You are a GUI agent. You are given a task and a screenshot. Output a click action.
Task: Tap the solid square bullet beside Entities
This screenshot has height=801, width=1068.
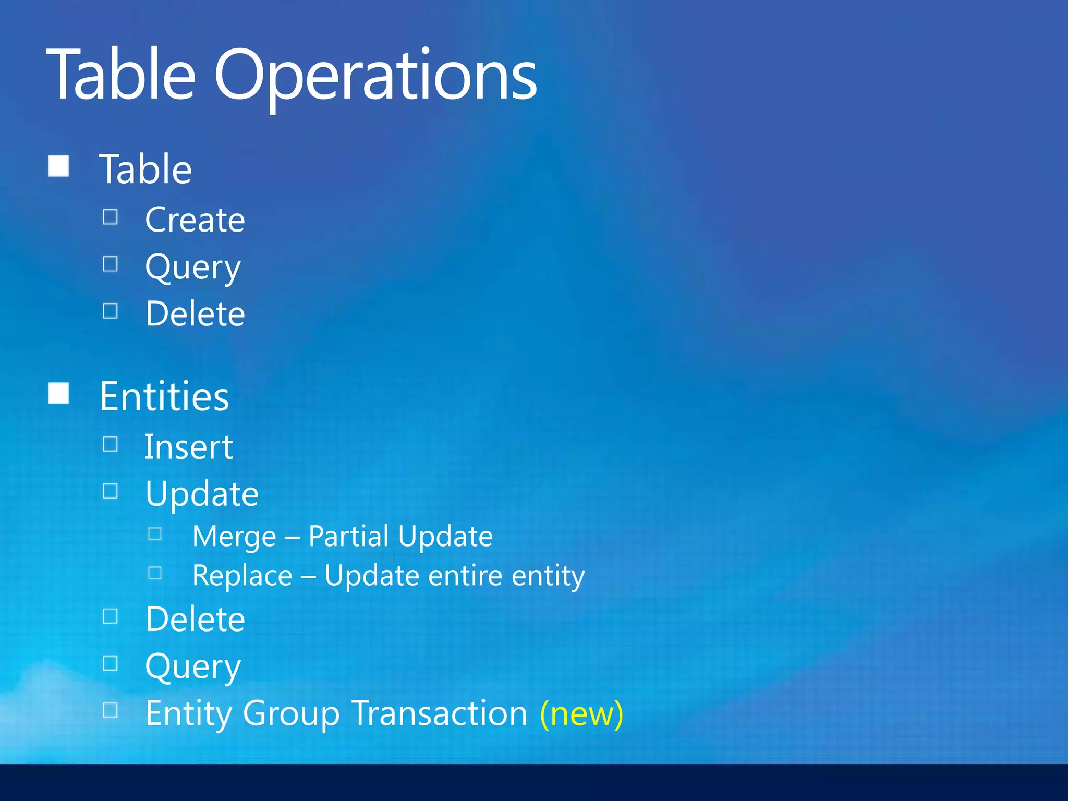click(58, 393)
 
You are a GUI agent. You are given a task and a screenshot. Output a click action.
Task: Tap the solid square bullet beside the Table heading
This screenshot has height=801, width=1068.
click(58, 166)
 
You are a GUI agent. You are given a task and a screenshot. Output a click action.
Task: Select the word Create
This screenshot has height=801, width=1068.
click(195, 220)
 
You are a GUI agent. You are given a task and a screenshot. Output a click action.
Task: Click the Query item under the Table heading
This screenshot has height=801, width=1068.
click(193, 268)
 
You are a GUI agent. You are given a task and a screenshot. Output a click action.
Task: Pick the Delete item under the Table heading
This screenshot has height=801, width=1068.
click(195, 314)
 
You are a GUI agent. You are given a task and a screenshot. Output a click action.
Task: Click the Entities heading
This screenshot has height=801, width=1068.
click(164, 396)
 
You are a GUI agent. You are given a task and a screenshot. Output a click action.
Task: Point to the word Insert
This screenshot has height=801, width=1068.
click(188, 447)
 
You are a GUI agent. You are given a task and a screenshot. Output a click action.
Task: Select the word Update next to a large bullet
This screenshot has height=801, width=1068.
click(202, 494)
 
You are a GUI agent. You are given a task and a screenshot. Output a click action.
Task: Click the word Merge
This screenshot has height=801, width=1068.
click(234, 537)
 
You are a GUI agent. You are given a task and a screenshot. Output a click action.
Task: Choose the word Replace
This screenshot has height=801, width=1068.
click(242, 576)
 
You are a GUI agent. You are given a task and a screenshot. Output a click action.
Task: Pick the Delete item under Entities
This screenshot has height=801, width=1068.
click(195, 620)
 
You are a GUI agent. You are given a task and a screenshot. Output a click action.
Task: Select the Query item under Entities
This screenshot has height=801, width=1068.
click(193, 667)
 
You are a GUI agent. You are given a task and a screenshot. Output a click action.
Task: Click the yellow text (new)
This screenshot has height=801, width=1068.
click(581, 714)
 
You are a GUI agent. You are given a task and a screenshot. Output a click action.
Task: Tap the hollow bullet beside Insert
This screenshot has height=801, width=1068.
click(110, 444)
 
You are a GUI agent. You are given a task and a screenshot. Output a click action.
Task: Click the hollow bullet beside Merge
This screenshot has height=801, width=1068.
click(155, 534)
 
